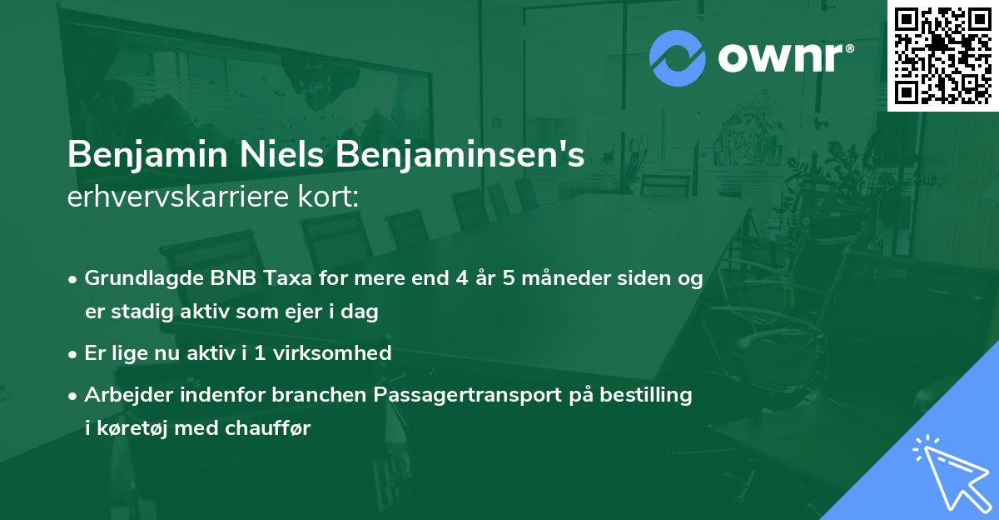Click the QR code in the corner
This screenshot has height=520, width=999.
tap(942, 55)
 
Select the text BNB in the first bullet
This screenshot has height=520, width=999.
tap(227, 278)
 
